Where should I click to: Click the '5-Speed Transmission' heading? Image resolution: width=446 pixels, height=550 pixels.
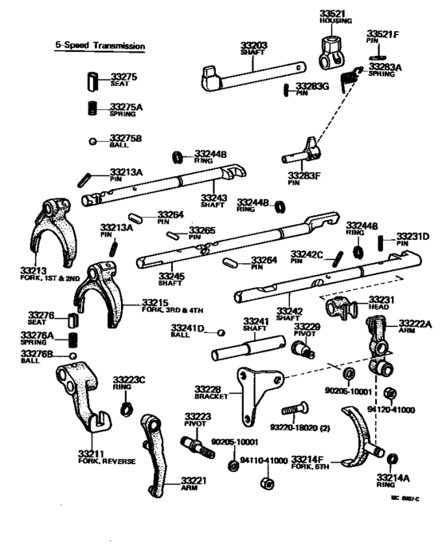pos(100,47)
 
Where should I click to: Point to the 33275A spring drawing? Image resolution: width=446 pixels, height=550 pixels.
pos(93,107)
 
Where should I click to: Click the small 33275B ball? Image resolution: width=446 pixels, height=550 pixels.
pos(93,141)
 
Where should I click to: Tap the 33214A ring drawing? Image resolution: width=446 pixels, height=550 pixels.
pos(391,460)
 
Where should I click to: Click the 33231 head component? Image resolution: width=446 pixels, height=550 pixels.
pos(342,304)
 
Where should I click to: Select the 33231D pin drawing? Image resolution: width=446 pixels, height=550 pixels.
pos(381,242)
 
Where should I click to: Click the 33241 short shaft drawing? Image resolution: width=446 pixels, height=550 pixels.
pos(248,349)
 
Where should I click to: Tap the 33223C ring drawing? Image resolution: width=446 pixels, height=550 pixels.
pos(125,411)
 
